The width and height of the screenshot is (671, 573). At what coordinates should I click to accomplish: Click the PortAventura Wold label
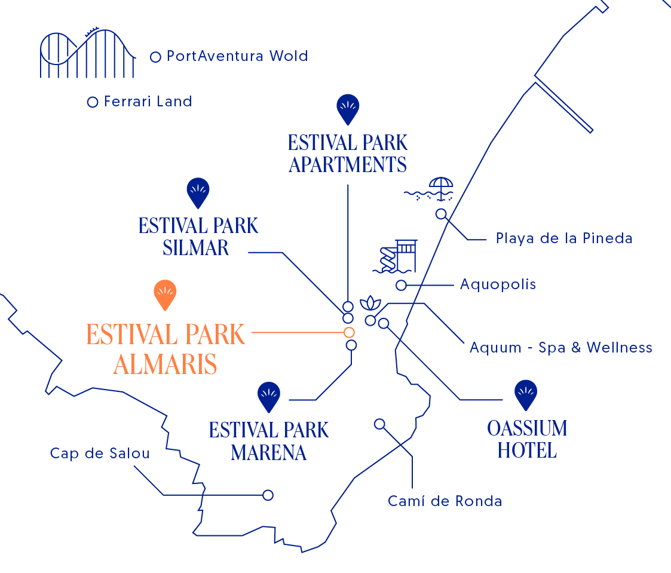[x=237, y=56]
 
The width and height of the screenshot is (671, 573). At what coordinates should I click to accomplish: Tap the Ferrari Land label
[x=148, y=102]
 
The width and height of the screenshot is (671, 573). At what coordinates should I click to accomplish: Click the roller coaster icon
[x=87, y=53]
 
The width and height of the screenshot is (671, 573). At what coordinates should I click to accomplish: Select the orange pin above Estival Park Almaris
[x=165, y=294]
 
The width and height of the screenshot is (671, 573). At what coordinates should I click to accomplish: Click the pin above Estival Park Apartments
[x=348, y=109]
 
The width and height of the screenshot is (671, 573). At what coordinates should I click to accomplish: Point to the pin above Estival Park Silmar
[x=198, y=192]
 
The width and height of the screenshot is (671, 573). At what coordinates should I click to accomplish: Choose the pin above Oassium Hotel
[x=526, y=394]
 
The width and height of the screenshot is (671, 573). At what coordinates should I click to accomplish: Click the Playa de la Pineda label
[x=564, y=238]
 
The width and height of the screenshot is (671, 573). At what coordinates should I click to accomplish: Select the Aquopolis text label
[x=498, y=284]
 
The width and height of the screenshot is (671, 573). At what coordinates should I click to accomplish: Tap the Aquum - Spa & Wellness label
[x=560, y=347]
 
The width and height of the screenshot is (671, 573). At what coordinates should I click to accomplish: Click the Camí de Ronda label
[x=445, y=501]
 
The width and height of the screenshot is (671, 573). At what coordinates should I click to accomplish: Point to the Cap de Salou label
[x=100, y=454]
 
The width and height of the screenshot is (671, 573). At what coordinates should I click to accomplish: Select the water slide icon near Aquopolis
[x=396, y=257]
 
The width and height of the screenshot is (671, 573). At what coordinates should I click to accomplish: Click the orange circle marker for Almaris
[x=349, y=332]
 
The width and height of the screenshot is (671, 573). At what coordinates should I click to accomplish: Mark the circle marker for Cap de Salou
[x=268, y=495]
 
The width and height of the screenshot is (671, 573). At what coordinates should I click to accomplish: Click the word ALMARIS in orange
[x=165, y=364]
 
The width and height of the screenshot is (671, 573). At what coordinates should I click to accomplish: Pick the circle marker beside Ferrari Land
[x=92, y=102]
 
